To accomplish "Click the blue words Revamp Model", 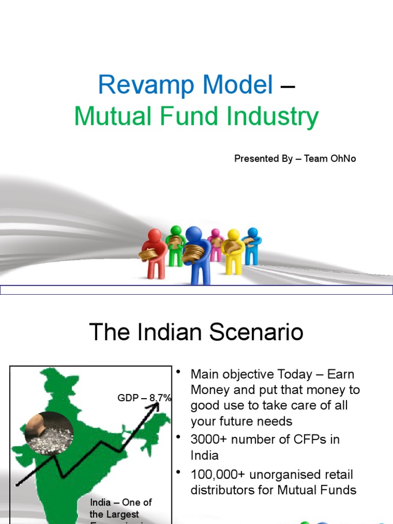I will click(x=185, y=84).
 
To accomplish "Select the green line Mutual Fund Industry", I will click(x=196, y=117).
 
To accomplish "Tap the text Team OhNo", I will click(x=330, y=159).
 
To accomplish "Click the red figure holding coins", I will click(x=155, y=253).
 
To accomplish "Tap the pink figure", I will click(x=215, y=245).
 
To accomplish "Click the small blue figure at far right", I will click(x=252, y=246).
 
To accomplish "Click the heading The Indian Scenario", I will click(x=196, y=333).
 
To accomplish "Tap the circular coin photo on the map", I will click(x=49, y=433).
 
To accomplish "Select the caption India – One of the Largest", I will click(x=121, y=508).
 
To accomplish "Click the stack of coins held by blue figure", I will click(x=193, y=252).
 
